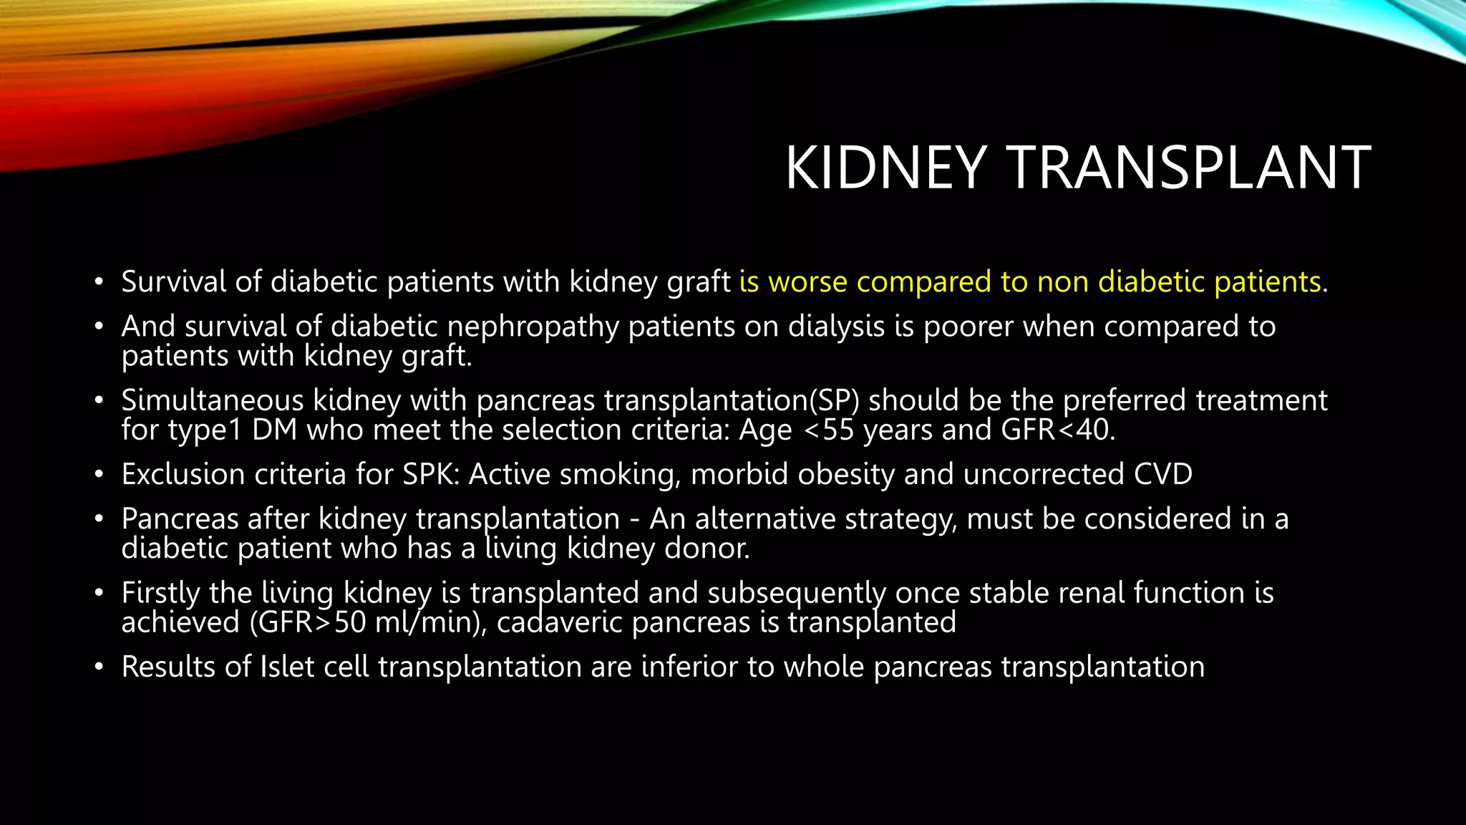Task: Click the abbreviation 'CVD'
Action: point(1162,475)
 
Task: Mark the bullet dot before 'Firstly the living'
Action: point(99,594)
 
